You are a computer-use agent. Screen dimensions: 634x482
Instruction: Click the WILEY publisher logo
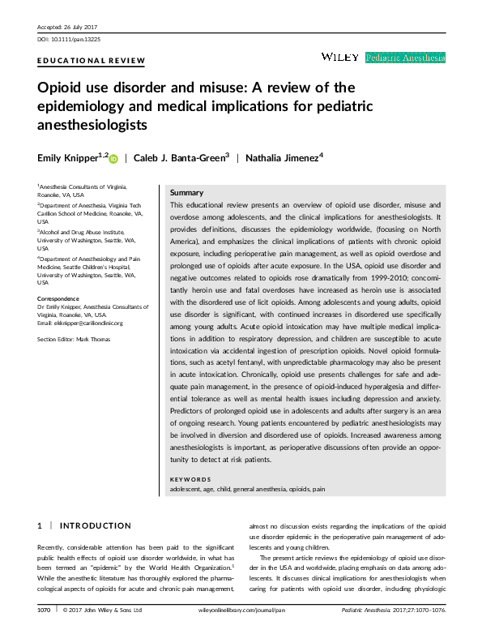(x=340, y=57)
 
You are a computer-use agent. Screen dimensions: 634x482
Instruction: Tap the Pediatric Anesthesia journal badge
(x=405, y=58)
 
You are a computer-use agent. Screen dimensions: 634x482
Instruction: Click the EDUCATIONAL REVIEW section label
(x=92, y=61)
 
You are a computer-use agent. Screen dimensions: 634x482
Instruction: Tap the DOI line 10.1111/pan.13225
(x=69, y=39)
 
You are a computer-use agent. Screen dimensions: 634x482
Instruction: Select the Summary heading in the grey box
(x=186, y=193)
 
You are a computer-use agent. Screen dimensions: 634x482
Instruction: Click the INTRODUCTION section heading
(x=96, y=526)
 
